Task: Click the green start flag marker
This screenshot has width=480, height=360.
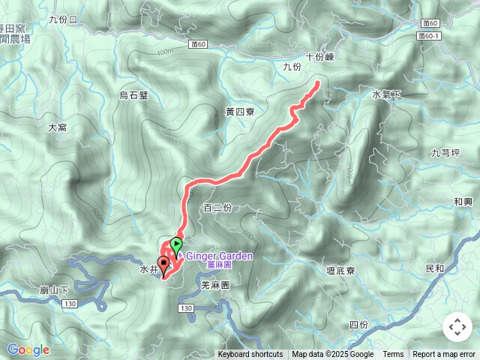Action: [x=176, y=244]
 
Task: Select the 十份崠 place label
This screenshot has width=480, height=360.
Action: [x=319, y=56]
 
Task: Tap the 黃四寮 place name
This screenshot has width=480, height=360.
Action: [x=240, y=112]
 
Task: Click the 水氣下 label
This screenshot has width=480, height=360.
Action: [x=387, y=94]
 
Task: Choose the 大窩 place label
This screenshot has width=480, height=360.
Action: [x=58, y=127]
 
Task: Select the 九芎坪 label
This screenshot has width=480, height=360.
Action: [x=445, y=153]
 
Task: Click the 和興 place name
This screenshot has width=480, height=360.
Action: [x=463, y=202]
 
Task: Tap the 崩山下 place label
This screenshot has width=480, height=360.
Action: [x=55, y=290]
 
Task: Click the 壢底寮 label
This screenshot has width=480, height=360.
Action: [x=340, y=270]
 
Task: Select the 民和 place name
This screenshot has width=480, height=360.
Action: [x=434, y=268]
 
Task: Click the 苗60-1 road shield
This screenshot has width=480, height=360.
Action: [x=430, y=35]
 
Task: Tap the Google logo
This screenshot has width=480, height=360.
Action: [x=28, y=349]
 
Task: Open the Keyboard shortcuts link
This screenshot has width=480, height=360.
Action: [x=250, y=355]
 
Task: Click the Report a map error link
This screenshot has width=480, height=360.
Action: [x=444, y=355]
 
